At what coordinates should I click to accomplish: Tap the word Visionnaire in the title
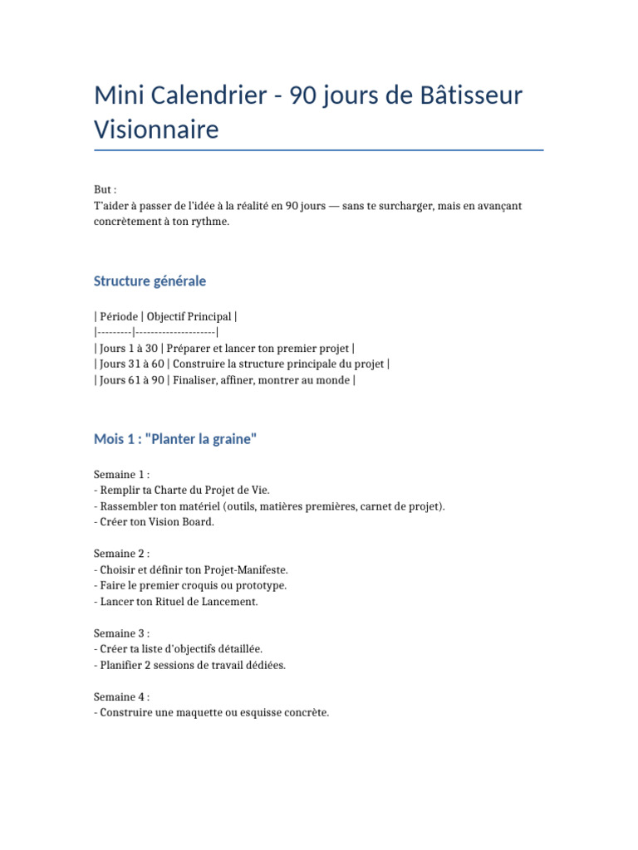[x=156, y=129]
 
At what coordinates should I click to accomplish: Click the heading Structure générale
[x=150, y=281]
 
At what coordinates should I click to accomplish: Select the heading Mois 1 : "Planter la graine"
[x=175, y=440]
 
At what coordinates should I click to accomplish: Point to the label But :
[x=106, y=190]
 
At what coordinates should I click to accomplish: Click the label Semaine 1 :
[x=121, y=474]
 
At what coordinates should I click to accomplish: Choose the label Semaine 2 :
[x=121, y=554]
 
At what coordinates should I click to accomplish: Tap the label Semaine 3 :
[x=121, y=633]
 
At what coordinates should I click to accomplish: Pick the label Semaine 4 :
[x=121, y=696]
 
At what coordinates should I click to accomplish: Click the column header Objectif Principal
[x=189, y=317]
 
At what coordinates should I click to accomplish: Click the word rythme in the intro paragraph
[x=209, y=222]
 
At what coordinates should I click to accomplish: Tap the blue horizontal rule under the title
[x=319, y=150]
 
